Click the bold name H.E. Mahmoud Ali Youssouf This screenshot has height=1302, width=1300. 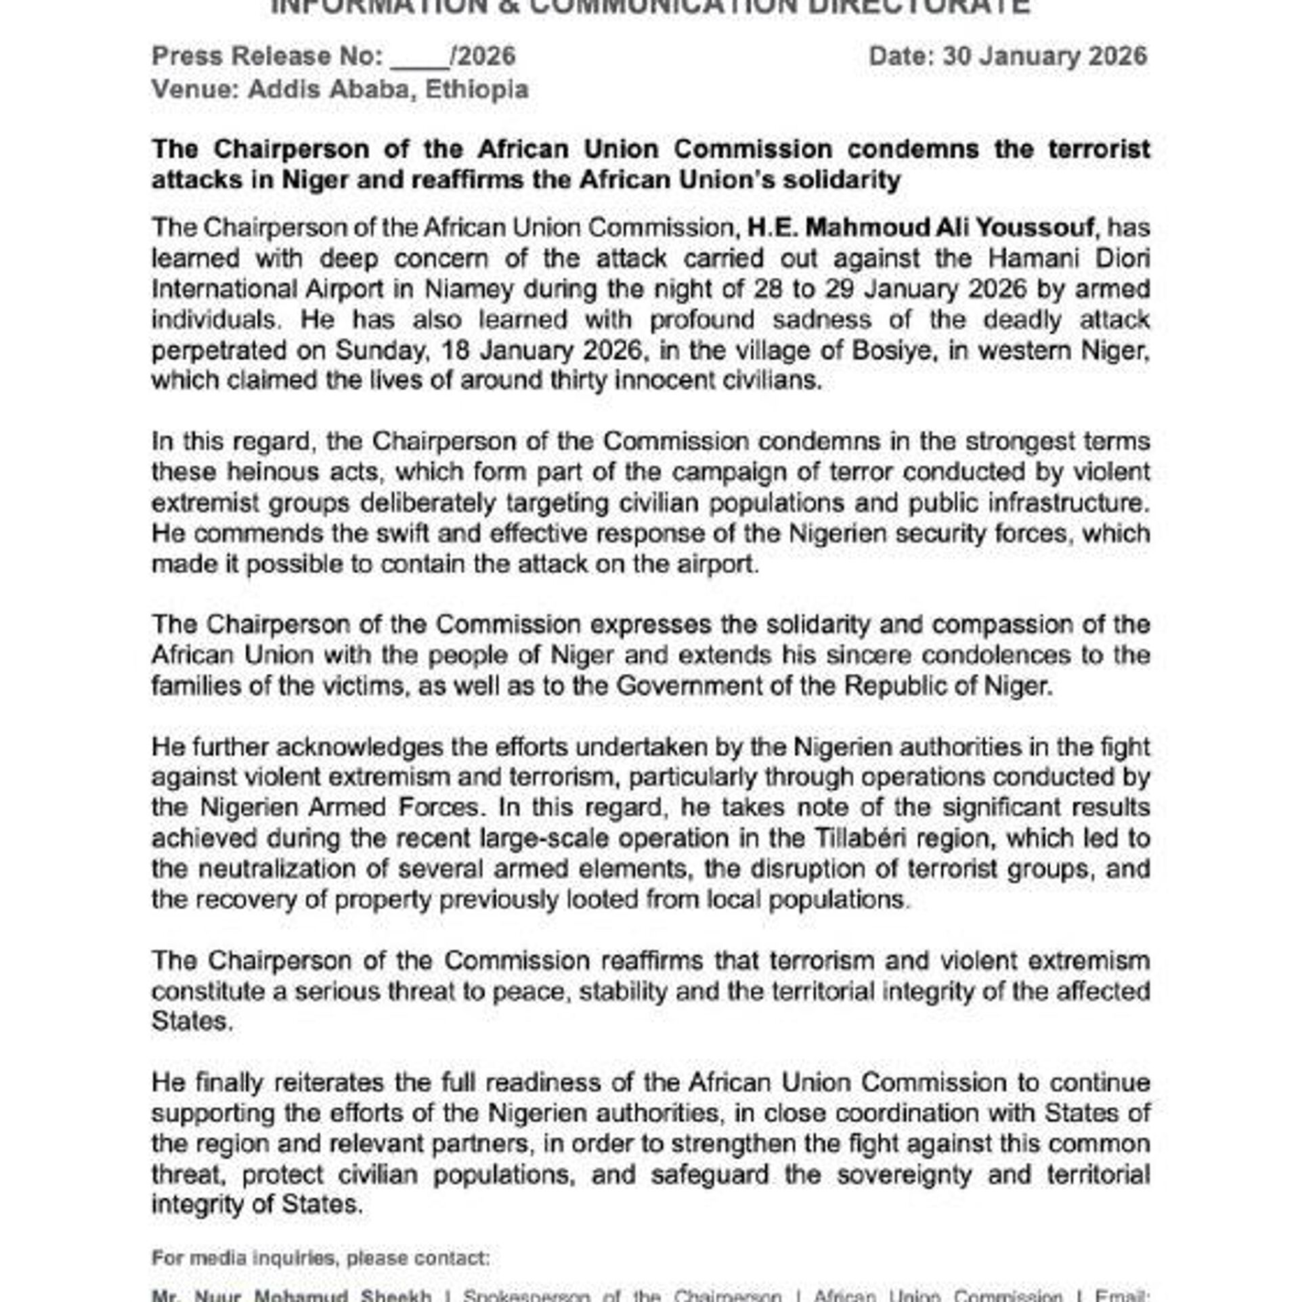[921, 227]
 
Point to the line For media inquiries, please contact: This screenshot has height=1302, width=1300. [320, 1258]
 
